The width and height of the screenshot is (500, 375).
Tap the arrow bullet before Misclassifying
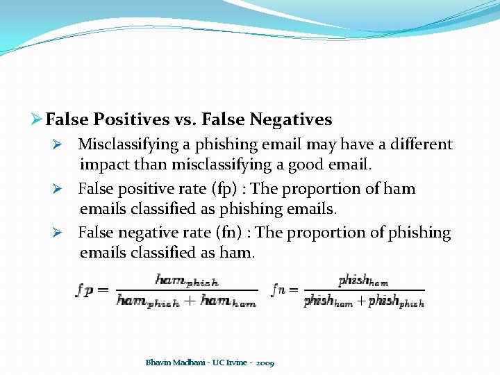pyautogui.click(x=60, y=145)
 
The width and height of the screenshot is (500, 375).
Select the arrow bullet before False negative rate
pyautogui.click(x=60, y=233)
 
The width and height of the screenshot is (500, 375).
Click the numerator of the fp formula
pyautogui.click(x=186, y=281)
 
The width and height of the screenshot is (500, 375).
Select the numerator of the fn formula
pyautogui.click(x=363, y=280)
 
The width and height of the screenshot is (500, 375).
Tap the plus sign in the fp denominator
pyautogui.click(x=190, y=301)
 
